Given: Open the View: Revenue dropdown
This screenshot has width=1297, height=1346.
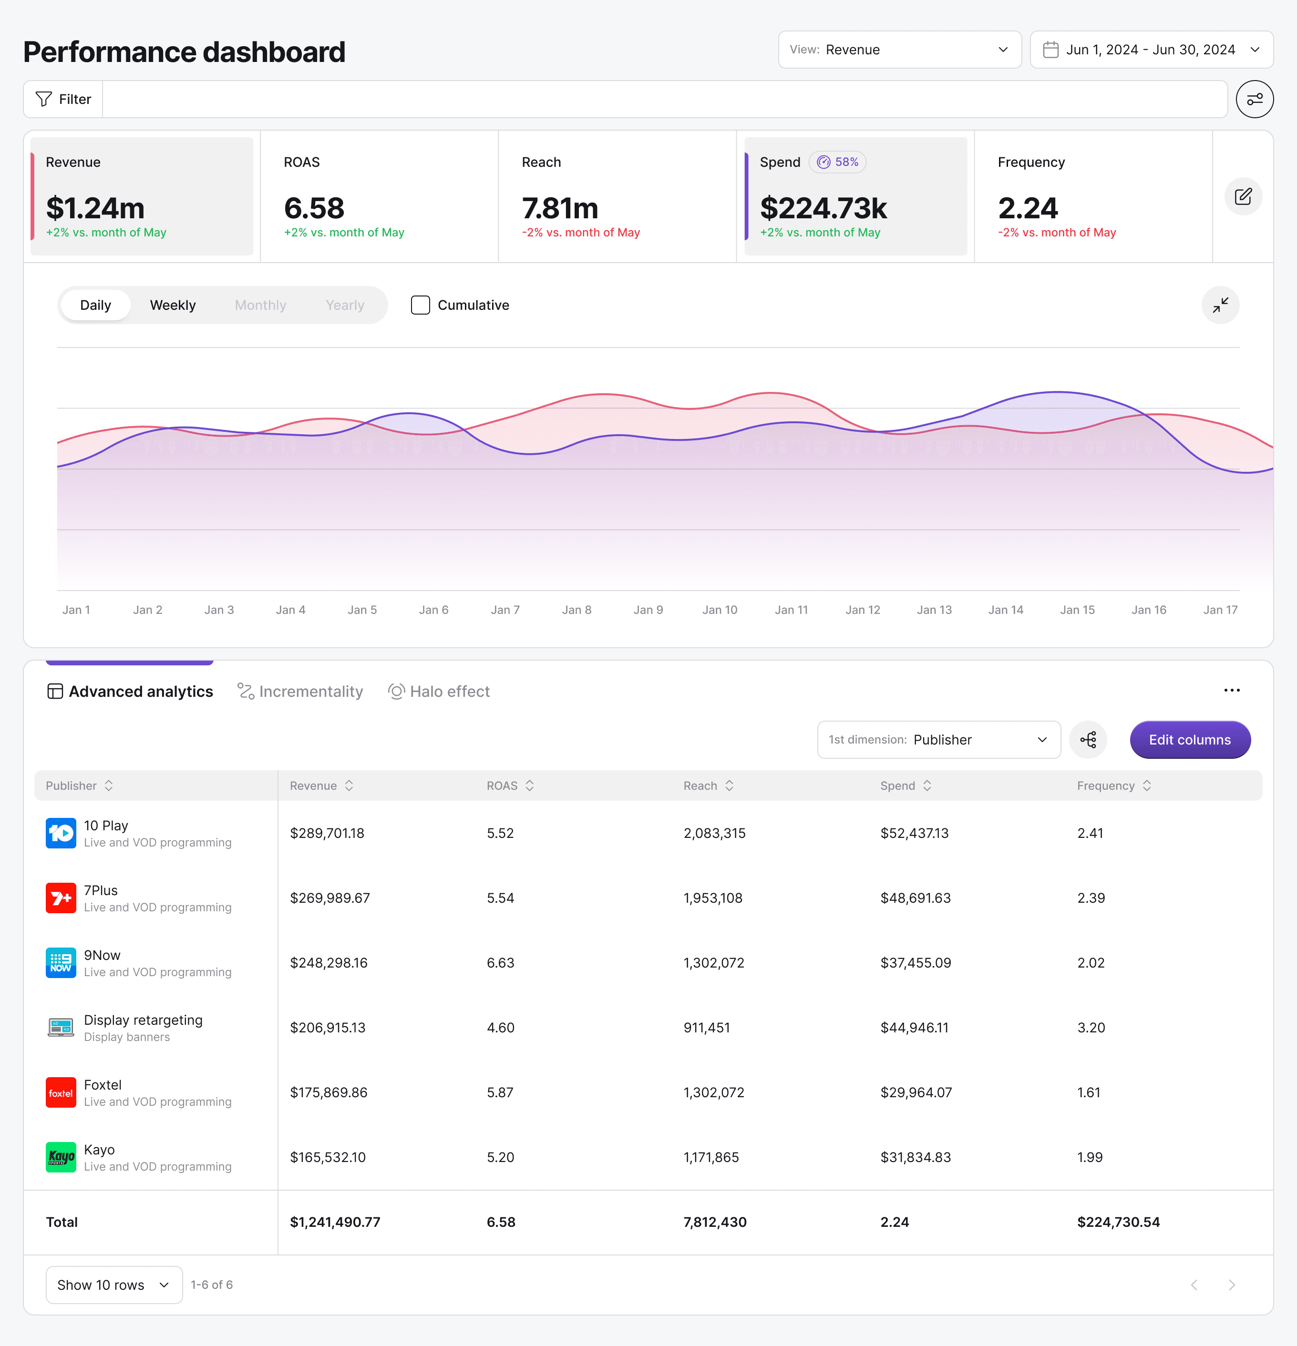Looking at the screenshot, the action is click(x=899, y=50).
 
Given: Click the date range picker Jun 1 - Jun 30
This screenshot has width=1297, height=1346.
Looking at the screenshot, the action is click(x=1152, y=50).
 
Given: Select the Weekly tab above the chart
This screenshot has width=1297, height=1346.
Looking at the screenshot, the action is click(x=173, y=305).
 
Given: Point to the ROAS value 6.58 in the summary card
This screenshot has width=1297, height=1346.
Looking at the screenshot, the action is click(x=314, y=208).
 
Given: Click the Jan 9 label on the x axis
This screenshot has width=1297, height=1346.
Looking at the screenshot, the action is click(x=648, y=610).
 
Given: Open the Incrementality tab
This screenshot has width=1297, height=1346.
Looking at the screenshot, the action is click(x=300, y=692).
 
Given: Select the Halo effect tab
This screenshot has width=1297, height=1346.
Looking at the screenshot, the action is click(x=439, y=692).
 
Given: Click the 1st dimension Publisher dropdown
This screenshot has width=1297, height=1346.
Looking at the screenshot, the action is click(x=938, y=740).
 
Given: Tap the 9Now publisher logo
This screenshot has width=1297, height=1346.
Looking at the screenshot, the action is click(x=61, y=963).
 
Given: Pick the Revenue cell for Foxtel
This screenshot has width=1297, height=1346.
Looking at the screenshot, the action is click(x=329, y=1092).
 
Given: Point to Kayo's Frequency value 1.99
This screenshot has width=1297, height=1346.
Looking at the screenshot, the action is click(x=1090, y=1157).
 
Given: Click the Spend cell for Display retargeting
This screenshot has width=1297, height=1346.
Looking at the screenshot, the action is click(x=915, y=1027).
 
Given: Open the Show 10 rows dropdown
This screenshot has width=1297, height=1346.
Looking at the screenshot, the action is click(x=114, y=1285).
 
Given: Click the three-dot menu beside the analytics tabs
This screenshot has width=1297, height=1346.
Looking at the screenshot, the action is click(x=1232, y=690).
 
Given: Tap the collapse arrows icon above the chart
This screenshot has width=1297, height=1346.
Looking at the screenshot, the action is click(x=1220, y=305).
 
